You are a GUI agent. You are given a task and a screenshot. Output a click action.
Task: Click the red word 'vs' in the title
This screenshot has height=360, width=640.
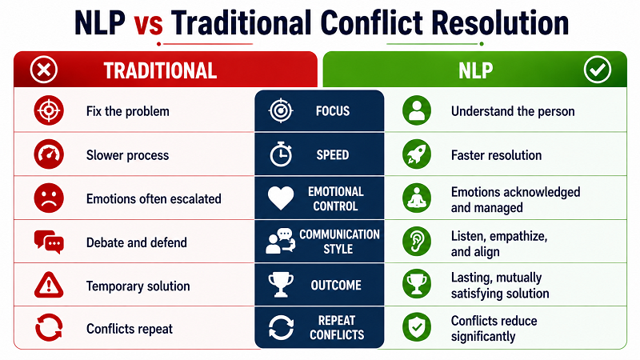coord(149,24)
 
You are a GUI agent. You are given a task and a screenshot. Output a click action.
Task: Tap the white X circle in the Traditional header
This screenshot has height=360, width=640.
coord(44,70)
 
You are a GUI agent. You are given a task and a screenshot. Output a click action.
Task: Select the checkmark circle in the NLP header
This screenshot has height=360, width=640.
coord(597,70)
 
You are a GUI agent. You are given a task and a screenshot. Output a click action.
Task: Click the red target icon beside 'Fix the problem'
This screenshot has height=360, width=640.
coord(49,110)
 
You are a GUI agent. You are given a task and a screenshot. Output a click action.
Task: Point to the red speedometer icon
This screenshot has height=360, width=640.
coord(49,154)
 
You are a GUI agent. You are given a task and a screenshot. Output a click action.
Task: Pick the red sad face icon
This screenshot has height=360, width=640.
coord(49,198)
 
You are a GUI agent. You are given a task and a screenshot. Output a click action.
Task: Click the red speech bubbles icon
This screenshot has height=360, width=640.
coord(49,242)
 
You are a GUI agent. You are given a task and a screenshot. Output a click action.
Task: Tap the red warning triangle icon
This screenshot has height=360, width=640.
coord(49,285)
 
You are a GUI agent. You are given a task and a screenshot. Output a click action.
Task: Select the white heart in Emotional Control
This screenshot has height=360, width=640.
coord(281,198)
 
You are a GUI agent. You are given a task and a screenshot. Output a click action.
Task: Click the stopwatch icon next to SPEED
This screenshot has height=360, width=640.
coord(281,154)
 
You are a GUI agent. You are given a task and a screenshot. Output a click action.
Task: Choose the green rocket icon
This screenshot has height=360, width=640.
coord(417,154)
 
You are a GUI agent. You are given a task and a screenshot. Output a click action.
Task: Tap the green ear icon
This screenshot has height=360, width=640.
coord(417,242)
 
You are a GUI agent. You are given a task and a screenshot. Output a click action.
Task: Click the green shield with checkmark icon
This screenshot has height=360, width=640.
coord(417,327)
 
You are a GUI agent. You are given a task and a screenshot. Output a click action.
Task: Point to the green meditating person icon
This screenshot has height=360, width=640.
coord(417,198)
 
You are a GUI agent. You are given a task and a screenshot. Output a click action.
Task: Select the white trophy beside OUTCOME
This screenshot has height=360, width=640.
coord(281,285)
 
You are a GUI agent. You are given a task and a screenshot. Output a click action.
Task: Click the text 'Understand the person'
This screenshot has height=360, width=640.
coord(513,111)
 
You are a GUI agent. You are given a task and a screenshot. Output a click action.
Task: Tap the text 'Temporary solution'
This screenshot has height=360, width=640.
coord(138,286)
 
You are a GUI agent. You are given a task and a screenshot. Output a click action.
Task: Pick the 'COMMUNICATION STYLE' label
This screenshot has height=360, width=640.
coord(339,242)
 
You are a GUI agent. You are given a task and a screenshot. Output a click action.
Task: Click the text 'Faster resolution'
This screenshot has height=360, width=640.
coord(496,155)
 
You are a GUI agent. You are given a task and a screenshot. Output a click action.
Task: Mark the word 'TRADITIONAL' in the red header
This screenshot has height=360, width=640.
coord(160,70)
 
